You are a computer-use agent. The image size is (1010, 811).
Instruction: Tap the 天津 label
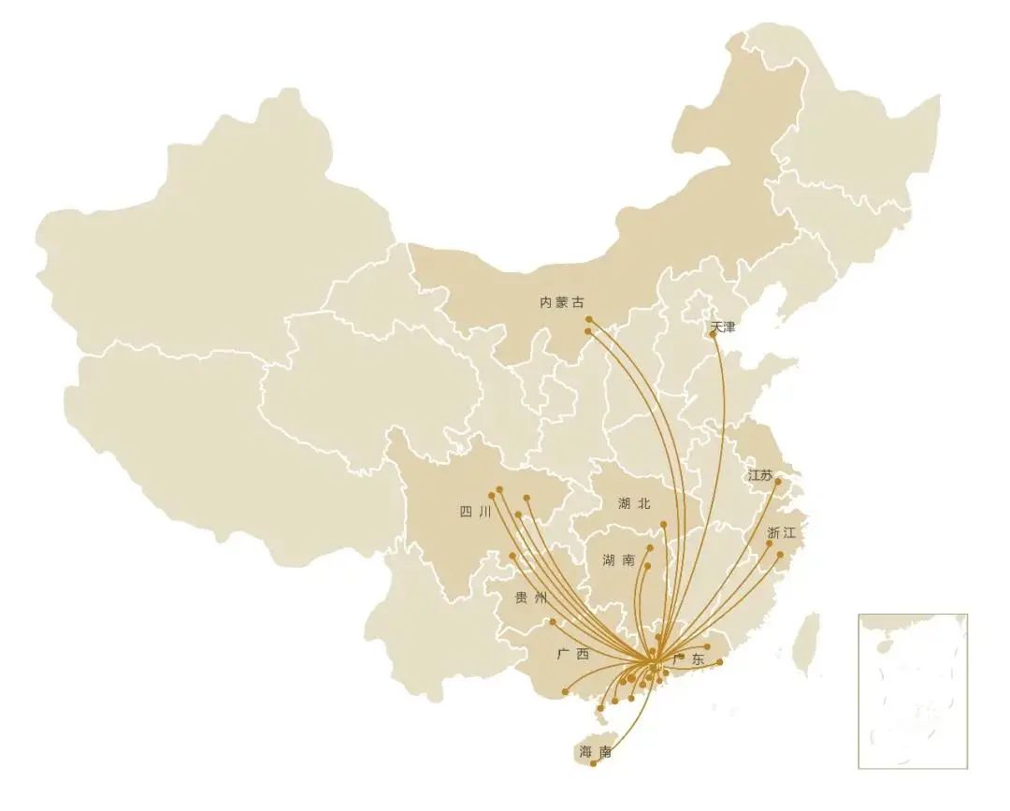coord(723,327)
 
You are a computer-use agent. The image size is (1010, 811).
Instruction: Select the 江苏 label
coord(760,475)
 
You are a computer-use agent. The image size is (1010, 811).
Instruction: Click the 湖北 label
coord(633,503)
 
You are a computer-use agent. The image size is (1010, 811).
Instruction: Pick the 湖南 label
coord(618,560)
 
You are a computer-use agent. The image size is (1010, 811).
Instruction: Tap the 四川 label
coord(475,512)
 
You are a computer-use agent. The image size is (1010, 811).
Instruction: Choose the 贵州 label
coord(530,598)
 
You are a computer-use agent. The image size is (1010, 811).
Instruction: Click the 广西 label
coord(572,655)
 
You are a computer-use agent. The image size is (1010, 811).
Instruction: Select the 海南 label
coord(595,752)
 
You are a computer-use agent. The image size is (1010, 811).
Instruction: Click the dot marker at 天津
coord(714,334)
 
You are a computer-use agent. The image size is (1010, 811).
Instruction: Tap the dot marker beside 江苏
coord(778,481)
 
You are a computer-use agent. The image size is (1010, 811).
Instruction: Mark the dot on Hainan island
coord(593,764)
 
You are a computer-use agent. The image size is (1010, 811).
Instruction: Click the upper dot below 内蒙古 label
coord(588,320)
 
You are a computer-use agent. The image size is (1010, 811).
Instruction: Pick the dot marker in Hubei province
coord(663,525)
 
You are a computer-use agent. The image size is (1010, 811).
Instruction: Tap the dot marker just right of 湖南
coord(649,548)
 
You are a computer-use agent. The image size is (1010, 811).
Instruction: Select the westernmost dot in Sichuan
coord(491,495)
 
